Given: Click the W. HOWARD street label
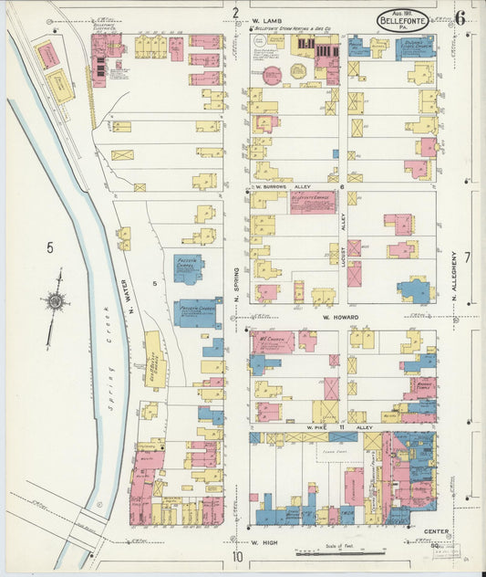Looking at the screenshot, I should [x=339, y=318].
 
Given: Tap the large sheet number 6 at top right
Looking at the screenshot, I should [x=461, y=16].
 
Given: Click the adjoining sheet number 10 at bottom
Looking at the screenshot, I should [x=237, y=557].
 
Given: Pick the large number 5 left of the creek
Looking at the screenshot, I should [x=49, y=247].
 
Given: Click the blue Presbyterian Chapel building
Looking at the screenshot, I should [x=188, y=268].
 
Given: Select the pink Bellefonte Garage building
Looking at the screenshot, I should [x=313, y=202].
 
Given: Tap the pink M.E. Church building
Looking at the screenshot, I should [x=273, y=341].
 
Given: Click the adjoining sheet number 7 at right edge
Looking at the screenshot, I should [x=466, y=257].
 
